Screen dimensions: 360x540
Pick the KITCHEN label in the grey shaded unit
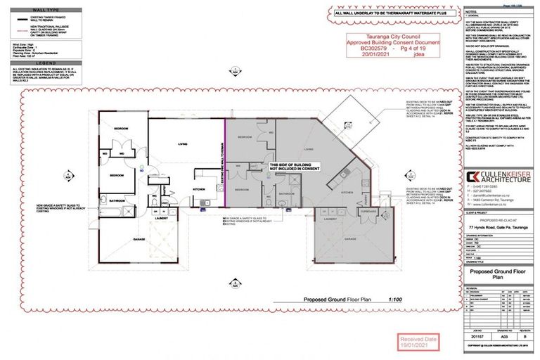pyautogui.click(x=347, y=191)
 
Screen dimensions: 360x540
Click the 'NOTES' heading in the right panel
pyautogui.click(x=472, y=12)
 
